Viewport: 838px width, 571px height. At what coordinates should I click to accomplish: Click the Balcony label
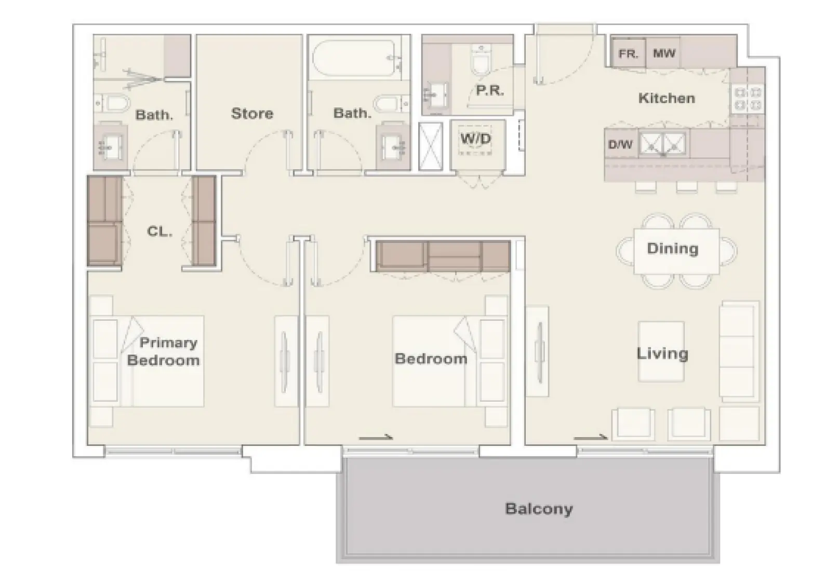(x=539, y=509)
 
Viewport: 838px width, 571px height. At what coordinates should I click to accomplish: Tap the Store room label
(x=252, y=113)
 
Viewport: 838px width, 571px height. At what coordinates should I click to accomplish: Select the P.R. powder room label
(x=490, y=90)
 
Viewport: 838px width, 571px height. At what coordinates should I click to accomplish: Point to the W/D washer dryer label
(x=475, y=139)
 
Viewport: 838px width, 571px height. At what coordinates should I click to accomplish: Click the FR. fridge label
(x=628, y=54)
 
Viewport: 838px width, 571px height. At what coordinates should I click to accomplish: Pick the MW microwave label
(x=664, y=53)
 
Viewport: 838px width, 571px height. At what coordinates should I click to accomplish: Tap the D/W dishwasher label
(x=620, y=144)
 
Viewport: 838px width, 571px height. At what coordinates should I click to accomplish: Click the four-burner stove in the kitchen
(x=747, y=99)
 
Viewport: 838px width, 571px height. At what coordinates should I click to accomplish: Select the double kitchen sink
(x=663, y=143)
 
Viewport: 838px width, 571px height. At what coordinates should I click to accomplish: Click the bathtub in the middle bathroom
(x=353, y=58)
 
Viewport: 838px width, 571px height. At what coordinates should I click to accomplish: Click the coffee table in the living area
(x=661, y=351)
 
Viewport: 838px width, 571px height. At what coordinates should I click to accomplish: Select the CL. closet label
(x=159, y=232)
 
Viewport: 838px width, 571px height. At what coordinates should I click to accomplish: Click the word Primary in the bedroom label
(x=168, y=343)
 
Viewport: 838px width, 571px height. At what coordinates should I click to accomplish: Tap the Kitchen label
(x=667, y=98)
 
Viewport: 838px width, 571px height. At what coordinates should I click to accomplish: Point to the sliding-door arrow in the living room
(x=591, y=437)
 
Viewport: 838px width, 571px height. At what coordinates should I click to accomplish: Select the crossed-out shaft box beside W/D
(x=431, y=146)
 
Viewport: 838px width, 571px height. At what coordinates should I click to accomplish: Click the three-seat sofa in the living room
(x=739, y=351)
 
